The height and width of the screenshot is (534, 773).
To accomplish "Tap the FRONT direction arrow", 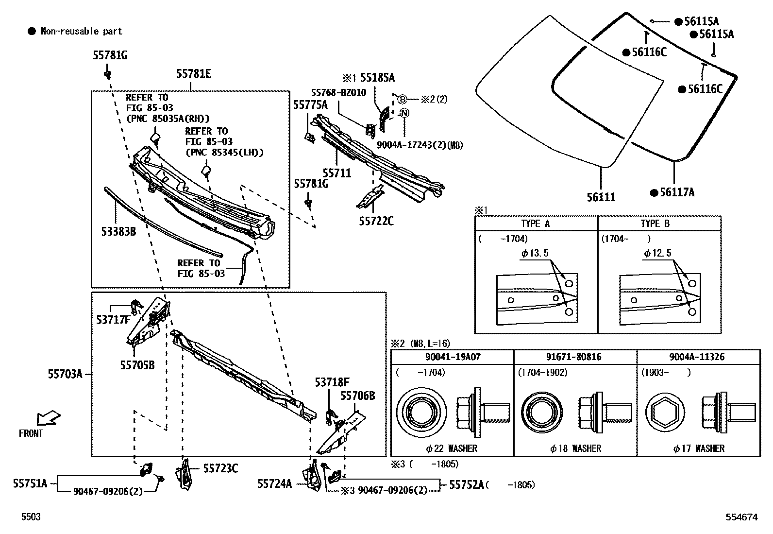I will pyautogui.click(x=48, y=418).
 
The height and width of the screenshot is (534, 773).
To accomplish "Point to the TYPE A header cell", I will pyautogui.click(x=535, y=224).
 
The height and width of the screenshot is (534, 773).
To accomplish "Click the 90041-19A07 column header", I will pyautogui.click(x=453, y=357).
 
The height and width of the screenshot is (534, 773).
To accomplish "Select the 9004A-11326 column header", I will pyautogui.click(x=697, y=357).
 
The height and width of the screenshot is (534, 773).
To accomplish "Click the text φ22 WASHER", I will pyautogui.click(x=450, y=448).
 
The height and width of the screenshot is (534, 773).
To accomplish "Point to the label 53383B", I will pyautogui.click(x=118, y=231).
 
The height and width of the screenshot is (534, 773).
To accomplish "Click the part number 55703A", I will pyautogui.click(x=65, y=374).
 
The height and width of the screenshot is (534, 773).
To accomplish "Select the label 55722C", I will pyautogui.click(x=376, y=221).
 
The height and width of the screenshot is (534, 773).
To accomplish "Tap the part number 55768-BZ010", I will pyautogui.click(x=338, y=92).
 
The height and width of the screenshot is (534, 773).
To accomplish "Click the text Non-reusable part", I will pyautogui.click(x=81, y=31).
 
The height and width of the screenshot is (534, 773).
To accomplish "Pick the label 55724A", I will pyautogui.click(x=274, y=483).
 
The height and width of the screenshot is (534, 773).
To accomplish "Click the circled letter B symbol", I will pyautogui.click(x=402, y=99).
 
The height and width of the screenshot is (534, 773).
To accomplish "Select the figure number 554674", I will pyautogui.click(x=741, y=517).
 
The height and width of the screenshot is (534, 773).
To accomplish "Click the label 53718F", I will pyautogui.click(x=332, y=382).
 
